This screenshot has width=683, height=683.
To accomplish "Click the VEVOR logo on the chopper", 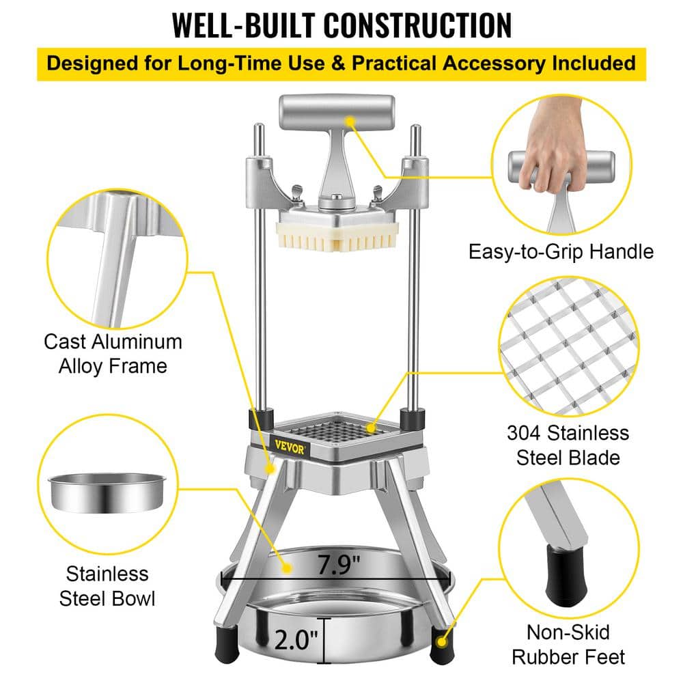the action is click(290, 447).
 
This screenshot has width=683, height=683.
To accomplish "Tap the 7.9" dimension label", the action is click(339, 565).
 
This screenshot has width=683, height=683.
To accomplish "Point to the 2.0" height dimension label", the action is click(296, 640).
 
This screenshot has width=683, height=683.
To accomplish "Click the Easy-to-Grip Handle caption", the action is click(561, 252).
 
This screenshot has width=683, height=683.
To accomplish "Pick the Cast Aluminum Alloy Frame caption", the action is click(113, 354).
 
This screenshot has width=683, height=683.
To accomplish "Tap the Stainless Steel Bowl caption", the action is click(107, 586).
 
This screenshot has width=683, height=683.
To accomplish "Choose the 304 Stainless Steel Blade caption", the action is click(568, 445).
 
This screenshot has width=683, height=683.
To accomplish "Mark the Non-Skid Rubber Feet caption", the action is click(568, 645).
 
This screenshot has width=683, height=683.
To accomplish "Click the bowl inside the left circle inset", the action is click(107, 493).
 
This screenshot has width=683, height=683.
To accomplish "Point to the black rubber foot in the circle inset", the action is click(563, 574).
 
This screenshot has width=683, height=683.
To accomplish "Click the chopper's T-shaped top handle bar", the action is click(337, 113).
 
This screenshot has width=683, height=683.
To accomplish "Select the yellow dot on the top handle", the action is click(350, 121).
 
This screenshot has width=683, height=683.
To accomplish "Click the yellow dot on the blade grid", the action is click(371, 428).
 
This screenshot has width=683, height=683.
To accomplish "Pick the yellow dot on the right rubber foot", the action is click(441, 642).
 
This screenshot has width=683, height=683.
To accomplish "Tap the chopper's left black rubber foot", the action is click(226, 645).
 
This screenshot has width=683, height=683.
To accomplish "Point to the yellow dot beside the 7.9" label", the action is click(287, 568).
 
